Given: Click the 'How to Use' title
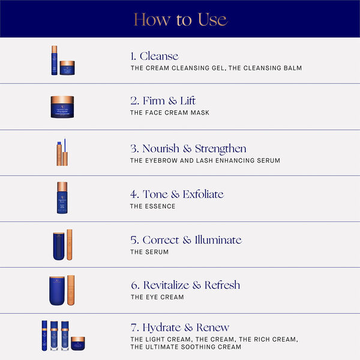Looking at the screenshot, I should [x=180, y=19].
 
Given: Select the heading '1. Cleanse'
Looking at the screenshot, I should [x=155, y=56].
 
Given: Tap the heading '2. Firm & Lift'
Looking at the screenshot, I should [x=163, y=101].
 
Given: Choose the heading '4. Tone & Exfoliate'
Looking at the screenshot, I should [x=177, y=194].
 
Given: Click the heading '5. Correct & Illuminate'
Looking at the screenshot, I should [x=186, y=240].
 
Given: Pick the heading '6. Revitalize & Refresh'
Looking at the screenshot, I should [x=185, y=285].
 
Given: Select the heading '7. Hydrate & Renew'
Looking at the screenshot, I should [x=180, y=328].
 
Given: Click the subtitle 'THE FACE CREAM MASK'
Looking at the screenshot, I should [x=170, y=113].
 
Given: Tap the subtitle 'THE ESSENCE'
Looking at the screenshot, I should [x=153, y=206].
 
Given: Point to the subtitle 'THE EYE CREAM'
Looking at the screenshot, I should [x=157, y=297].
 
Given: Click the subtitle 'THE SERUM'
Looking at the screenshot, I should [x=149, y=252].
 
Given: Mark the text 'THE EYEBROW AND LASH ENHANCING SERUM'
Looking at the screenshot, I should [x=205, y=161].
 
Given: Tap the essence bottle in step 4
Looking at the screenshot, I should [x=62, y=198].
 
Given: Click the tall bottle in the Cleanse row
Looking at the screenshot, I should [x=55, y=60].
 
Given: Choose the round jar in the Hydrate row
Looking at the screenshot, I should [x=78, y=344].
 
